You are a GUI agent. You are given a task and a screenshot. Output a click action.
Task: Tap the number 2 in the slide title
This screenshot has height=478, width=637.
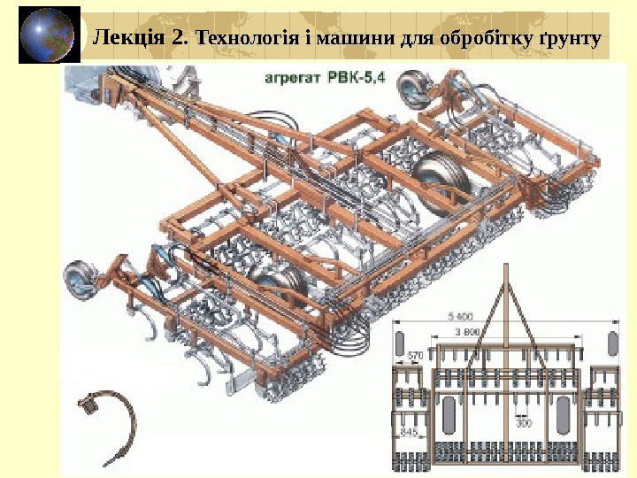(x=180, y=38)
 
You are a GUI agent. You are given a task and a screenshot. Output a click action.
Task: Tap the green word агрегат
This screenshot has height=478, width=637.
(x=294, y=79)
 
